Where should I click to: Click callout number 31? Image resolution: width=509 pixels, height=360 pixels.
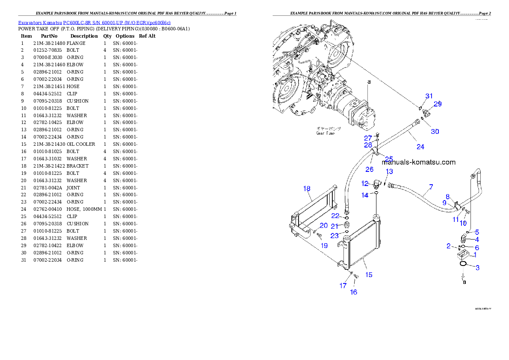coord(429,96)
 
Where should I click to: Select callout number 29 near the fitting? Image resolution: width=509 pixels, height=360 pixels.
coord(438,103)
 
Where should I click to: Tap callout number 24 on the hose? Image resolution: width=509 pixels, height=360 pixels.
coord(420,147)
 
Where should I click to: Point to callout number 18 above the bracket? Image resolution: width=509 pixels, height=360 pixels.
coord(307,189)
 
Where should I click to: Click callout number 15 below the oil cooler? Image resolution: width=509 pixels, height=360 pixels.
coord(369,275)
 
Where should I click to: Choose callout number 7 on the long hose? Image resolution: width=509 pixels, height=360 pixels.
coord(431,187)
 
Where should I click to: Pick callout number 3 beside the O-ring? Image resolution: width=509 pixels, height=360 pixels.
coord(477,268)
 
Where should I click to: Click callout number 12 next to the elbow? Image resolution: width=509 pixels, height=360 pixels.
coord(364,183)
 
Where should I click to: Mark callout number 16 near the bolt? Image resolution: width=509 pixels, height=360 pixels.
coord(353,292)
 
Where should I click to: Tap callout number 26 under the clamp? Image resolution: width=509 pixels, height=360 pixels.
coord(369,169)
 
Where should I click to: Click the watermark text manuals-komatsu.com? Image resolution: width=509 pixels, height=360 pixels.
coord(418,162)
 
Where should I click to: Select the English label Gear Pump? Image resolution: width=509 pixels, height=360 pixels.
coord(326,133)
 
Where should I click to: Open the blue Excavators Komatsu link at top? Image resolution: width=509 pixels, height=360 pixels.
coord(94,23)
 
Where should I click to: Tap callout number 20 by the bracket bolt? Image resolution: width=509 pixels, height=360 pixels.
coord(324,225)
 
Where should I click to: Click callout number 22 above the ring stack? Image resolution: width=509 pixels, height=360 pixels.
coord(335,216)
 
